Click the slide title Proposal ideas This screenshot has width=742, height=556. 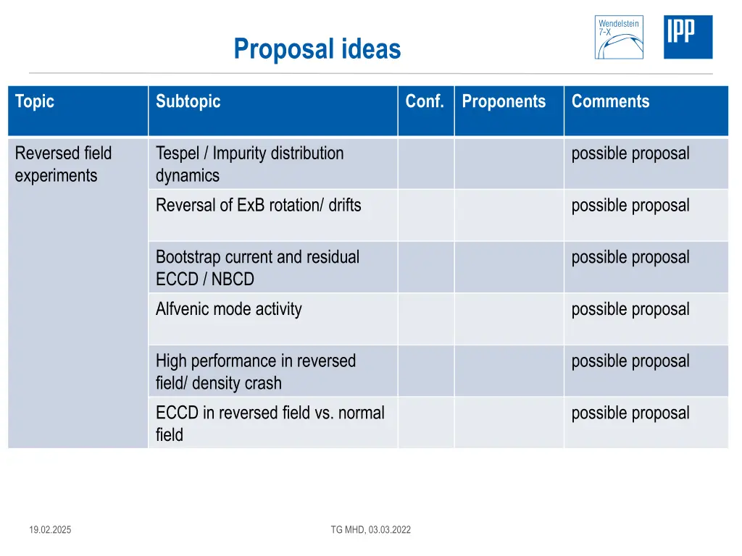[x=317, y=49]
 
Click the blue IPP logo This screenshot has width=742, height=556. [x=688, y=37]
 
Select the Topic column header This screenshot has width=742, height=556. [x=35, y=101]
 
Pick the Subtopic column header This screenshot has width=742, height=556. [x=188, y=101]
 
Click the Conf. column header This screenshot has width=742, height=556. [x=425, y=101]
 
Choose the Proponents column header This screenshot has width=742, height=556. [x=504, y=101]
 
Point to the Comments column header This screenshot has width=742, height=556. [x=610, y=101]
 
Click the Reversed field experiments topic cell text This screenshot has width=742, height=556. [x=63, y=164]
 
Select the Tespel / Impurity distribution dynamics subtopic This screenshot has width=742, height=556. [x=249, y=164]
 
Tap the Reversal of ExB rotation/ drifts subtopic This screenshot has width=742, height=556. [x=258, y=206]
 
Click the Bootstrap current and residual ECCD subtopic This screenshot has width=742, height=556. [x=257, y=268]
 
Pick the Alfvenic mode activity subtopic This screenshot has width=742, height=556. [x=228, y=309]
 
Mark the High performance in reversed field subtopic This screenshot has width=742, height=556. [x=255, y=371]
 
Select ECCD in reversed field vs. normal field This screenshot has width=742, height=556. [x=270, y=424]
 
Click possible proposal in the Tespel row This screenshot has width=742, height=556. [x=630, y=153]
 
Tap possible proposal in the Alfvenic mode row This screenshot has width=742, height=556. [x=630, y=309]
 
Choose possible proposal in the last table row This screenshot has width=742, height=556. [x=630, y=413]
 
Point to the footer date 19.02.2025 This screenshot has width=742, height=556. [x=50, y=530]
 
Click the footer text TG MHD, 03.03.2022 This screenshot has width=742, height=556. [x=370, y=530]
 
